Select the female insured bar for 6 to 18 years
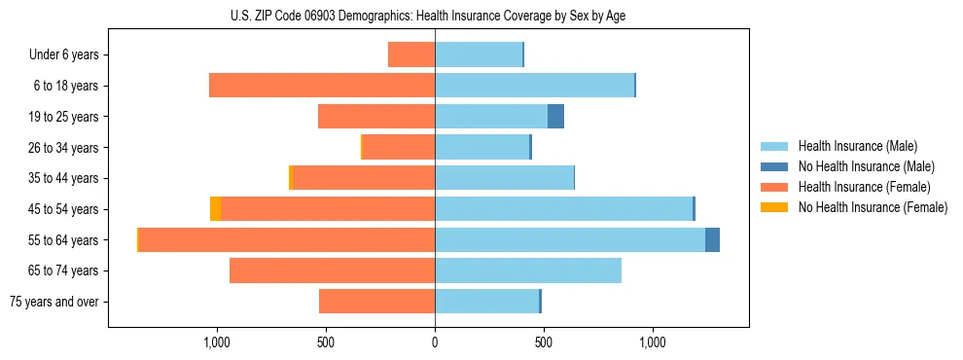(x=322, y=86)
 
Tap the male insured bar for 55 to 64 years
(x=570, y=240)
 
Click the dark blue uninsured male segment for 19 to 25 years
(x=555, y=117)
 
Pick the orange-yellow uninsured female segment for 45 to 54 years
(x=215, y=209)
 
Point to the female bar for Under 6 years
(x=411, y=54)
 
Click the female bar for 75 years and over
(x=376, y=302)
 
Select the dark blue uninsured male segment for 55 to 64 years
(x=712, y=240)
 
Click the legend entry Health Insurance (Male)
(x=856, y=146)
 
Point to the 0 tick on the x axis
(x=435, y=342)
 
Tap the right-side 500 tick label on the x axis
(x=544, y=342)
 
